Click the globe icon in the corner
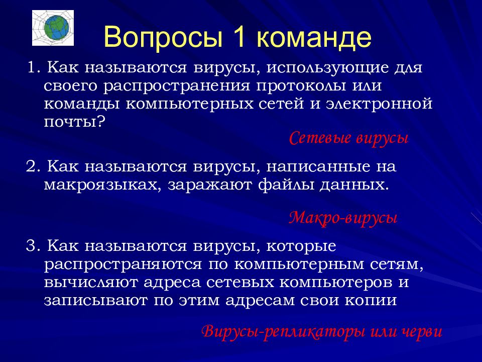[53, 28]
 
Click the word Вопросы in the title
[163, 37]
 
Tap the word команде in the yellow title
[314, 38]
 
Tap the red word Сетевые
[320, 138]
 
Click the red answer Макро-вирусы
[343, 218]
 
